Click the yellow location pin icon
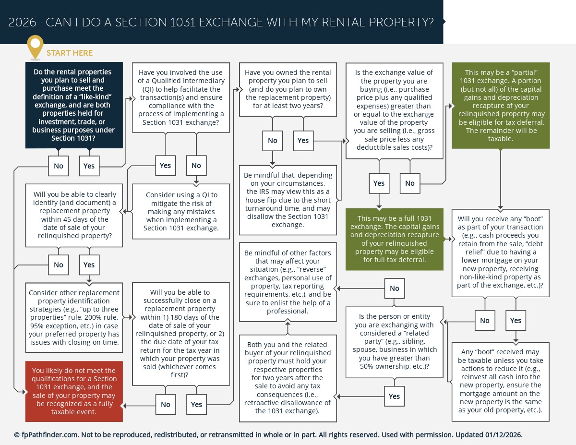pos(35,46)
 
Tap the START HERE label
pos(70,53)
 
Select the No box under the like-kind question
pos(59,166)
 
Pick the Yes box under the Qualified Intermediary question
pos(165,166)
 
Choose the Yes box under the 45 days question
pos(89,265)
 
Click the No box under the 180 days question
pos(166,405)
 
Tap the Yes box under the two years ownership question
pos(303,141)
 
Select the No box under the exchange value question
pos(409,183)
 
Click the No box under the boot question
pos(485,321)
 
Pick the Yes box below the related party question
pos(394,397)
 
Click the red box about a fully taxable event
pos(74,391)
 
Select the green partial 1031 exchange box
pos(501,106)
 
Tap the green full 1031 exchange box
pos(395,239)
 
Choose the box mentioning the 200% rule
pos(74,317)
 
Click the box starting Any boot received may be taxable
pos(500,381)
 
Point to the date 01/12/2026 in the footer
pos(504,435)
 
